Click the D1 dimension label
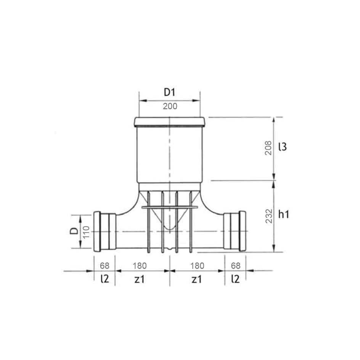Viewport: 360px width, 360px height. (169, 92)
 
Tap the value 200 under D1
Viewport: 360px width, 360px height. (170, 106)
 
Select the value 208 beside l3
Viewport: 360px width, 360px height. (268, 148)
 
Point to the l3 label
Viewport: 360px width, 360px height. (283, 146)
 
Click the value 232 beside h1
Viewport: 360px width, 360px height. (269, 216)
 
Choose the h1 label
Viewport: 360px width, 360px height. (284, 214)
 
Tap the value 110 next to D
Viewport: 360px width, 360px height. (86, 232)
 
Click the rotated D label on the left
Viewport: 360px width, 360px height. (74, 231)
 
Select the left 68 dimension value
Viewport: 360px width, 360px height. (104, 266)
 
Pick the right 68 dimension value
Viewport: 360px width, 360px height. (236, 266)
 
